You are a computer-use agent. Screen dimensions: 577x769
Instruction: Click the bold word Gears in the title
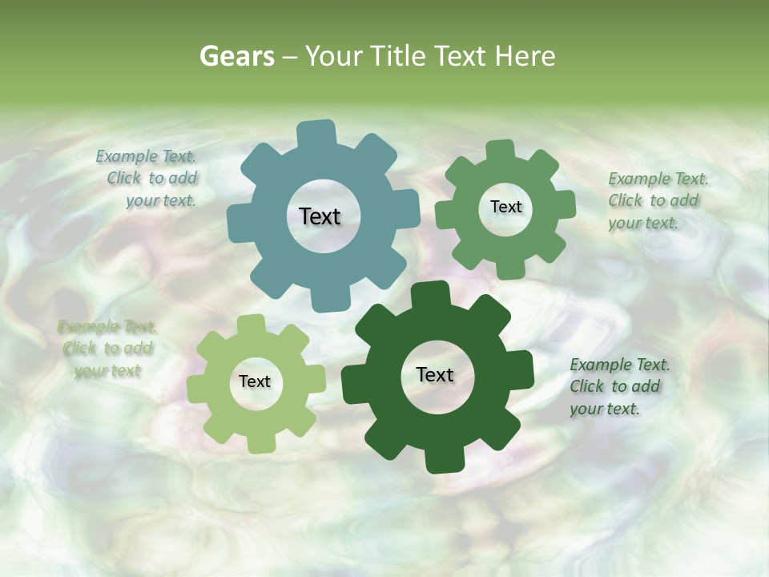(236, 56)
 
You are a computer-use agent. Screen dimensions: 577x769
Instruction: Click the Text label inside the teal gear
(320, 216)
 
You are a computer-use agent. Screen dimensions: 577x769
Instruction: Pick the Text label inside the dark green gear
(435, 374)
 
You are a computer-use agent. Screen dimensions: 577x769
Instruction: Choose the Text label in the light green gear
(255, 381)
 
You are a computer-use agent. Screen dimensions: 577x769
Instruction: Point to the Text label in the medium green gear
(505, 207)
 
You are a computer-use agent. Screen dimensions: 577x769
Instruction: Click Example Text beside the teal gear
(147, 157)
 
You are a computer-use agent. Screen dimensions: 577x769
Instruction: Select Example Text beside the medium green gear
(658, 179)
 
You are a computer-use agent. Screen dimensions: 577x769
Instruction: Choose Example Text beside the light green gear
(107, 327)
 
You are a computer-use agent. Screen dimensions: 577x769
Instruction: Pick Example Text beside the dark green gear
(620, 365)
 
